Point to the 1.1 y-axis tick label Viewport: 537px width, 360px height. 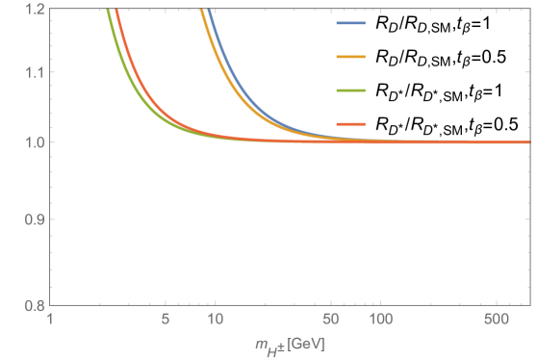pos(32,73)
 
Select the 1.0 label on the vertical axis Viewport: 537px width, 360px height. pos(32,142)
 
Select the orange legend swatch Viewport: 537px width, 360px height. pos(350,58)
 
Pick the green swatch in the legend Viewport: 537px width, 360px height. pos(350,90)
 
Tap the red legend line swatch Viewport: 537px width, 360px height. pos(350,124)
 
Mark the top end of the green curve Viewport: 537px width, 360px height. pos(107,11)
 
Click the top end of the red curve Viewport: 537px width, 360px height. pos(115,11)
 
